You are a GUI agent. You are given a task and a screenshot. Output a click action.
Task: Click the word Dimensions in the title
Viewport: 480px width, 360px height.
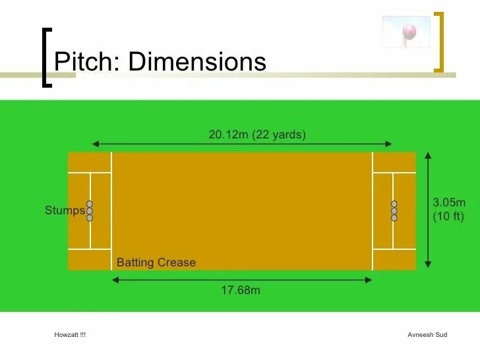[x=197, y=62]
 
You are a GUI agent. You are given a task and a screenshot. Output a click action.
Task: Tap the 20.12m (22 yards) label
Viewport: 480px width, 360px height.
[x=257, y=135]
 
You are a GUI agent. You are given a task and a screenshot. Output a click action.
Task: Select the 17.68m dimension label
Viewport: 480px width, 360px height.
[x=241, y=290]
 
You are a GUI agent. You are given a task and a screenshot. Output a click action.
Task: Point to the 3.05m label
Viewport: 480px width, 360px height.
[x=449, y=202]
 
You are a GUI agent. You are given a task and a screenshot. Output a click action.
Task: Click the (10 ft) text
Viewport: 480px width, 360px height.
[x=448, y=216]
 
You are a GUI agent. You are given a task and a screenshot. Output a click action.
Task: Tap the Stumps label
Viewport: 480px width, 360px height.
[x=65, y=211]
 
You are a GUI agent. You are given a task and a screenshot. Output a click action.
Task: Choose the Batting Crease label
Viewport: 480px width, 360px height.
[x=156, y=262]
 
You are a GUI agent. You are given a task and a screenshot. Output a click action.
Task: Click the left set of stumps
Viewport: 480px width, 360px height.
[x=90, y=211]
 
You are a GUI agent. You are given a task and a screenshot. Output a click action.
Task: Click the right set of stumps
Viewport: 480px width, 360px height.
[x=394, y=211]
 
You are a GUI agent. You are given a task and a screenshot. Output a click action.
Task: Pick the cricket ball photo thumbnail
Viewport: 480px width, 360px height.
[x=406, y=32]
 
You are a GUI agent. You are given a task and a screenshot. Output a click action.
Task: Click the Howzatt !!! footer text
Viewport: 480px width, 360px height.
[x=70, y=335]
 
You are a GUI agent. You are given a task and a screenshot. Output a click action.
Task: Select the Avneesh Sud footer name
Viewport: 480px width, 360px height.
[x=427, y=335]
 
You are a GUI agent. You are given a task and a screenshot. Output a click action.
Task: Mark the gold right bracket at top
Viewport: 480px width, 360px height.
[x=439, y=41]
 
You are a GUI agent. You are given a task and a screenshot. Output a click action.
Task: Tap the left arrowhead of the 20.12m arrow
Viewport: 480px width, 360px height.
[x=95, y=144]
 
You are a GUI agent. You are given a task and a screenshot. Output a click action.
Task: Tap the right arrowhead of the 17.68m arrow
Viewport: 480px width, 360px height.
[x=369, y=280]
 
